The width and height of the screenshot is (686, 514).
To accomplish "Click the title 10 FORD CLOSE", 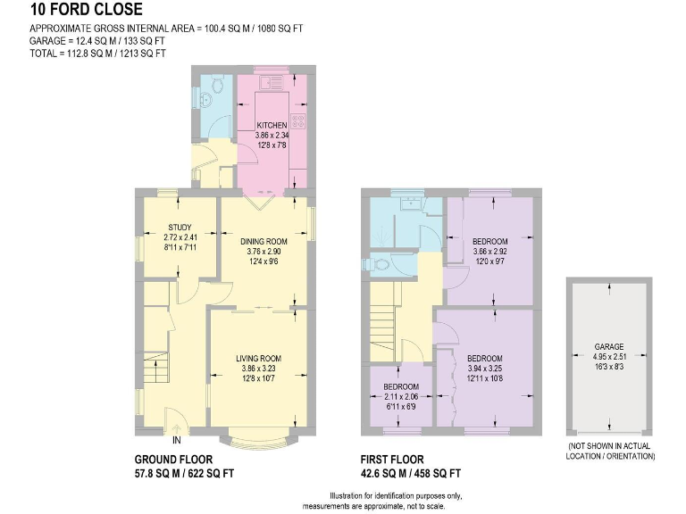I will point(86,11).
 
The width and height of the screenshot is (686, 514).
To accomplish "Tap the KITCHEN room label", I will point(272,125).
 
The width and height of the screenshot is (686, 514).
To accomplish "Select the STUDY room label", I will point(180,227).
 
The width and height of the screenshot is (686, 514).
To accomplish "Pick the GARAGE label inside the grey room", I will point(609,346).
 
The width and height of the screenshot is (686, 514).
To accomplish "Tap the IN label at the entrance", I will point(177,440).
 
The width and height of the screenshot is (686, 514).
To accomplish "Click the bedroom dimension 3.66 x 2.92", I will point(489,253).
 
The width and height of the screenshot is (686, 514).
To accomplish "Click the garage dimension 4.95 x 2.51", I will point(609,356).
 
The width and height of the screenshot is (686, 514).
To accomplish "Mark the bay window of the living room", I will point(259,438).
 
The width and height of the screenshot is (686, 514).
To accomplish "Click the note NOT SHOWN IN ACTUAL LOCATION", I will point(611,451).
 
